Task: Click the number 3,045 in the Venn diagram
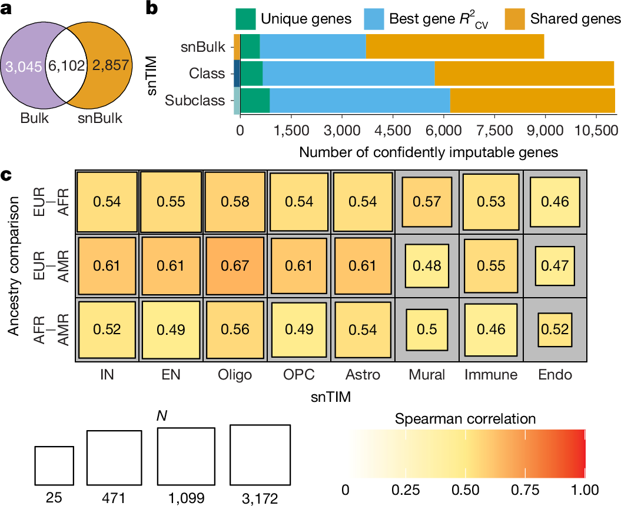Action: click(x=24, y=66)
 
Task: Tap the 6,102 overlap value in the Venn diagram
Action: click(x=67, y=66)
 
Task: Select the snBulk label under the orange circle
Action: click(x=100, y=118)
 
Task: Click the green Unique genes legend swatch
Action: click(x=245, y=19)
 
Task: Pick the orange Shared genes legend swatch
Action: click(x=515, y=19)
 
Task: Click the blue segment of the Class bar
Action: click(x=348, y=73)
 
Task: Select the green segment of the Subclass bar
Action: click(x=255, y=101)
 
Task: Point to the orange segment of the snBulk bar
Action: click(x=454, y=46)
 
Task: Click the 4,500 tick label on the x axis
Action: click(x=393, y=130)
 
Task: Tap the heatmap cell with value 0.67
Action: click(x=235, y=266)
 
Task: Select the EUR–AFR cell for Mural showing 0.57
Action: click(x=427, y=202)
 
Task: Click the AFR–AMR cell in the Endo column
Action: click(x=555, y=330)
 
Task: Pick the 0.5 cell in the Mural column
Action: click(x=427, y=330)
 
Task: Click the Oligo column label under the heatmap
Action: click(x=235, y=375)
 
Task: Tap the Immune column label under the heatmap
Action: click(x=491, y=375)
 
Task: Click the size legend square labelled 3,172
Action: click(x=260, y=455)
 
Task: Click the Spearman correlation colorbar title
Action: click(x=466, y=419)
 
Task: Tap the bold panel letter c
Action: click(x=6, y=175)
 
